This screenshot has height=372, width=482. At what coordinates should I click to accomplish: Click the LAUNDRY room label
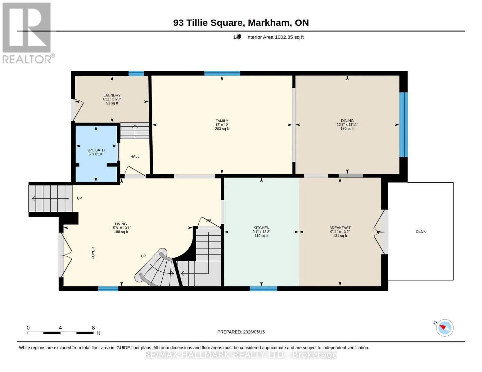click(x=112, y=95)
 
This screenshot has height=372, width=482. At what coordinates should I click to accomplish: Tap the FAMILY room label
click(x=222, y=121)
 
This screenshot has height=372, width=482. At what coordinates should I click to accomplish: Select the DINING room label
click(x=347, y=121)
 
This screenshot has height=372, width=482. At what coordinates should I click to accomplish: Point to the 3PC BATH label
click(x=96, y=150)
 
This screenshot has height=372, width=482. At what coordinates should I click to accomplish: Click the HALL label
click(x=135, y=157)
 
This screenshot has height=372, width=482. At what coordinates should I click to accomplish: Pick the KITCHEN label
click(x=261, y=228)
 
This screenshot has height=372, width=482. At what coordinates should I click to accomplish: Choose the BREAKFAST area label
click(x=340, y=228)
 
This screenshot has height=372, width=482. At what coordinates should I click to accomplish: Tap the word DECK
click(x=421, y=231)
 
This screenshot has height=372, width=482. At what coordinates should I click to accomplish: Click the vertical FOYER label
click(x=93, y=253)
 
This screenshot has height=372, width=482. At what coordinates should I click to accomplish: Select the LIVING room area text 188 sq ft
click(x=121, y=232)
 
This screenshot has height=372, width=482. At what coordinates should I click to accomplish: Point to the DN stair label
click(x=208, y=220)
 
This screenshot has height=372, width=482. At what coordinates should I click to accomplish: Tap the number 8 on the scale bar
click(x=93, y=328)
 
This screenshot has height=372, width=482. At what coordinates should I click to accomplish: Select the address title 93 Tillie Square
click(x=208, y=23)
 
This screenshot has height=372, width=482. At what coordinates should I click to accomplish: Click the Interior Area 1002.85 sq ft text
click(x=275, y=37)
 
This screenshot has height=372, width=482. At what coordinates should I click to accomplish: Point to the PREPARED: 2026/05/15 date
click(x=241, y=332)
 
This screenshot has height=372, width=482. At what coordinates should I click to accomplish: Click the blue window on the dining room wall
click(x=403, y=125)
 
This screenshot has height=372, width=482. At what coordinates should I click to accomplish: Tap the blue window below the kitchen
click(x=263, y=289)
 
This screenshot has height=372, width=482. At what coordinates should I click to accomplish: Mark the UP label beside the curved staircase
click(x=143, y=256)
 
